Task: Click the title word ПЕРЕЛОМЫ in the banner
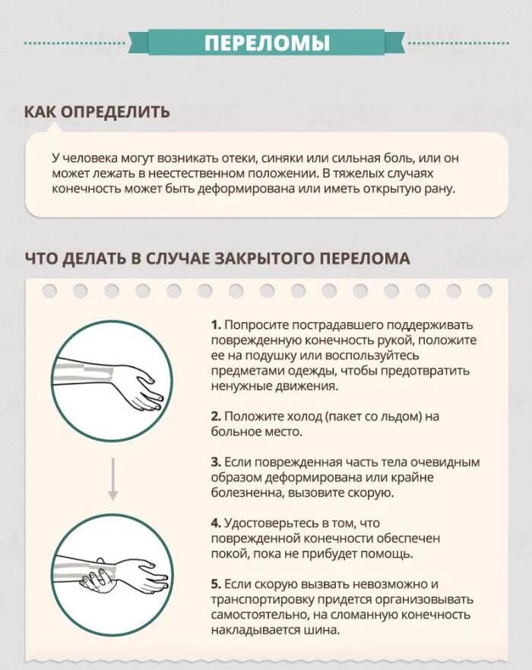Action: click(267, 43)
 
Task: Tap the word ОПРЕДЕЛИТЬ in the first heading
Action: click(116, 112)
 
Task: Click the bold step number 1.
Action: click(215, 324)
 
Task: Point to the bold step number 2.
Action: click(216, 416)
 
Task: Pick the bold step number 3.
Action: click(216, 462)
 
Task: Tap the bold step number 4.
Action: click(216, 523)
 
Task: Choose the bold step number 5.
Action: click(216, 584)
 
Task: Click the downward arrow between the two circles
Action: click(112, 478)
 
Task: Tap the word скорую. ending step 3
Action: click(371, 492)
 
